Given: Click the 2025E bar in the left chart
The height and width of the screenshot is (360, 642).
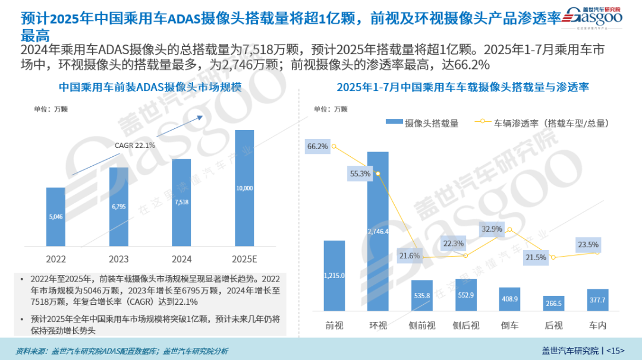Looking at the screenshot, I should pyautogui.click(x=244, y=188).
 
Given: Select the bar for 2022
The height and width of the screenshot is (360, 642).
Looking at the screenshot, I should pyautogui.click(x=56, y=217).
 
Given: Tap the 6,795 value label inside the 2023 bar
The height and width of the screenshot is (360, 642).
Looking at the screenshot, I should pyautogui.click(x=119, y=207).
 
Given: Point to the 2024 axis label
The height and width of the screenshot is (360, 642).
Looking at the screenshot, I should pyautogui.click(x=181, y=260).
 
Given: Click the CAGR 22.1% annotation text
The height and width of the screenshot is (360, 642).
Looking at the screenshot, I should pyautogui.click(x=135, y=145).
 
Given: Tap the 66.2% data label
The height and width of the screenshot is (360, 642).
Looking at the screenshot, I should pyautogui.click(x=317, y=146).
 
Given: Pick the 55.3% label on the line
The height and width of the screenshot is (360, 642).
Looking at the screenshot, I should pyautogui.click(x=360, y=173).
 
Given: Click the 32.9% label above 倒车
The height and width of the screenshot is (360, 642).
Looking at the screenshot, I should pyautogui.click(x=492, y=229).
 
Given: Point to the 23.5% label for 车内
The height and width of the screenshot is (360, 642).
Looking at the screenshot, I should pyautogui.click(x=588, y=244).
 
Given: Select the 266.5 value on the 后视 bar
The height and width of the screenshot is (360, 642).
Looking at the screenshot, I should pyautogui.click(x=553, y=304).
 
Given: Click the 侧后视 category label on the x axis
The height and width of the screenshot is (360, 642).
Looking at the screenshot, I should pyautogui.click(x=465, y=326).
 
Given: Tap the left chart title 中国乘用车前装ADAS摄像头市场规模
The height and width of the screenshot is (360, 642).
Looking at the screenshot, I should pyautogui.click(x=150, y=87).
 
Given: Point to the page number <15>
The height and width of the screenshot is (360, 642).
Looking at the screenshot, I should pyautogui.click(x=615, y=350).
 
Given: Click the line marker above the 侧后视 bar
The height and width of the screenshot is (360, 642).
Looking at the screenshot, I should pyautogui.click(x=465, y=255).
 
